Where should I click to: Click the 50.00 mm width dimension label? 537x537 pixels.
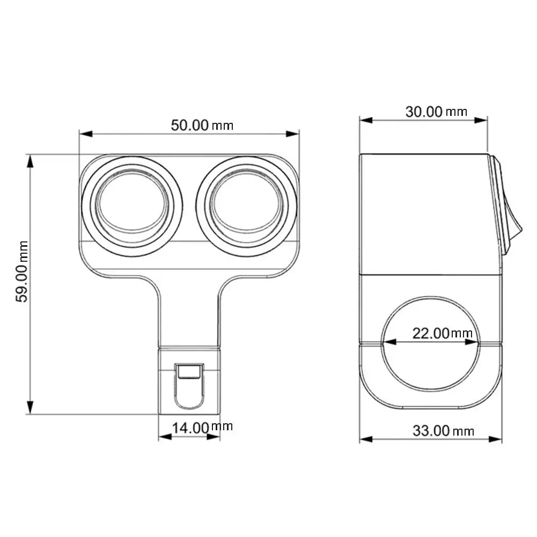click(x=202, y=125)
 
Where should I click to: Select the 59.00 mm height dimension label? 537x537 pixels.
click(x=23, y=271)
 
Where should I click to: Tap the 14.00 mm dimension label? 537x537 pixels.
click(x=202, y=428)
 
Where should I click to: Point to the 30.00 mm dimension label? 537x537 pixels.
click(x=436, y=112)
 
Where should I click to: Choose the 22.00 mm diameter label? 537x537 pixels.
click(x=442, y=333)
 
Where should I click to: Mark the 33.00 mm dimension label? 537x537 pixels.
click(x=443, y=430)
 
